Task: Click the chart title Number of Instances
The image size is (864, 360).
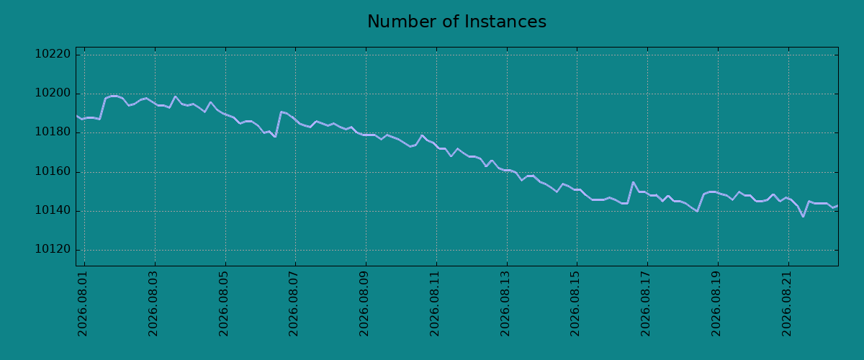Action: coord(456,22)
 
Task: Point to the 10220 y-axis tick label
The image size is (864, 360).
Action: coord(53,54)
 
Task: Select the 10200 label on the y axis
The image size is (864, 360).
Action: coord(53,94)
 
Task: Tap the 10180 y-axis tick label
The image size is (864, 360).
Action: coord(53,132)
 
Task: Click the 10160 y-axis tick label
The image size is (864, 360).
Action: coord(53,171)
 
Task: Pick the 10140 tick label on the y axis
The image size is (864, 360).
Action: coord(53,211)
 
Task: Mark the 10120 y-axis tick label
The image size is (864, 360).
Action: coord(53,250)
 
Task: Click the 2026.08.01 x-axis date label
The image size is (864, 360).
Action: coord(83,304)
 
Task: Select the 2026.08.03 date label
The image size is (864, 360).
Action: coord(153,304)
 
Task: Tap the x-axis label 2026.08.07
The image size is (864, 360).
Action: coord(294,304)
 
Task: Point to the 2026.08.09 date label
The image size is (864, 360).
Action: coord(364,304)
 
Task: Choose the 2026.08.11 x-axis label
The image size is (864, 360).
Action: coord(435,304)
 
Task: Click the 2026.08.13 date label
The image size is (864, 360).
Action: coord(505,304)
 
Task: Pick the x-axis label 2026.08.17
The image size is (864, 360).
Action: coord(646,304)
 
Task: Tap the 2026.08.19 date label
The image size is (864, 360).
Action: coord(716,304)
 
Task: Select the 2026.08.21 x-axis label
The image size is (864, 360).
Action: coord(787,304)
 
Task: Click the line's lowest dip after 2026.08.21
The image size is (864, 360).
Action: coord(803,217)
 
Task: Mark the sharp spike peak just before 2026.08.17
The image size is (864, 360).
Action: coord(633,182)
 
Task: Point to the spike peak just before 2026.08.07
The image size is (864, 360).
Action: coord(281,112)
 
